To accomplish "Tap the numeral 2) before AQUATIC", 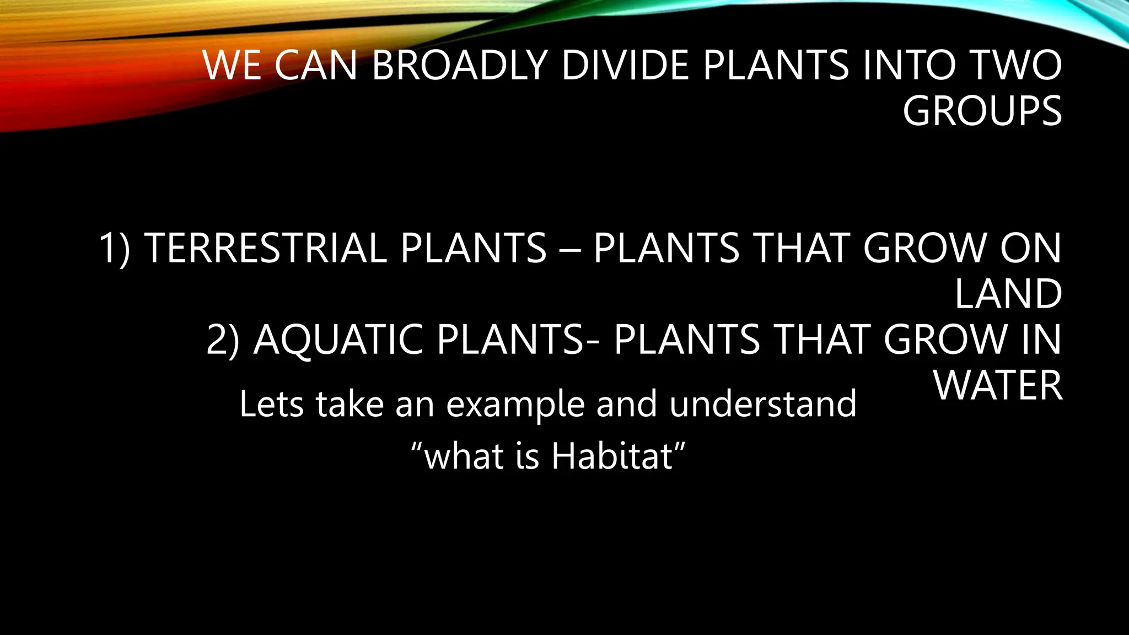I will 223,340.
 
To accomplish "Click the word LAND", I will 1008,294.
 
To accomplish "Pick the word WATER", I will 998,385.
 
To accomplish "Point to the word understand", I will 763,404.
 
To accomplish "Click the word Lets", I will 271,404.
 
